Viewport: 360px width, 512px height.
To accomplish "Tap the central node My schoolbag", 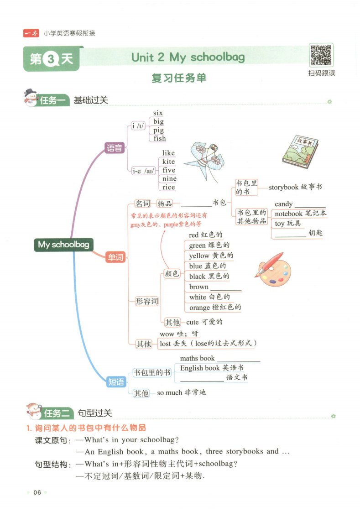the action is click(x=63, y=245).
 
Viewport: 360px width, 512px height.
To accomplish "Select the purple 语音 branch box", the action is click(x=114, y=148).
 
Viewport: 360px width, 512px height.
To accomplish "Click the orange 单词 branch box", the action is click(x=115, y=257).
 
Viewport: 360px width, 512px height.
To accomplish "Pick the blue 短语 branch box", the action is click(x=116, y=381).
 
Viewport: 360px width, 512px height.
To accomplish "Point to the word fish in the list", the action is click(x=160, y=138).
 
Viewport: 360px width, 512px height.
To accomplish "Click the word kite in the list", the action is click(x=168, y=161).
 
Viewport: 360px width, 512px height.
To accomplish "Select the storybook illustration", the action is click(x=300, y=152).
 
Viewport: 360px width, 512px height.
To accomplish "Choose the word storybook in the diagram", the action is click(x=284, y=187).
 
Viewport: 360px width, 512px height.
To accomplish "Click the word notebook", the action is click(x=288, y=214).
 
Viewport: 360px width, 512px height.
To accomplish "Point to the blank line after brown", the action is click(x=226, y=290).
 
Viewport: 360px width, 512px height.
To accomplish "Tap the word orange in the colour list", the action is click(x=199, y=308).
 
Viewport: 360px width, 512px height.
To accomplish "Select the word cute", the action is click(x=192, y=322).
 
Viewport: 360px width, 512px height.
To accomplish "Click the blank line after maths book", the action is click(x=238, y=361).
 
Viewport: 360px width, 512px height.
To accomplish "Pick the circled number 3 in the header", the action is click(x=51, y=59).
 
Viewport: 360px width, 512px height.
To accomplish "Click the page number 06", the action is click(x=37, y=492).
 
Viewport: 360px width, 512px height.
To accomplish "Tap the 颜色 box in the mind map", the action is click(x=172, y=273).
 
